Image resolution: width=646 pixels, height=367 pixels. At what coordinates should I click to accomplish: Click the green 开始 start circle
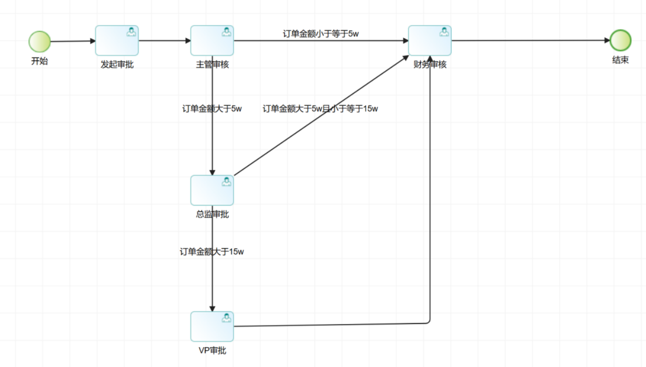pyautogui.click(x=39, y=41)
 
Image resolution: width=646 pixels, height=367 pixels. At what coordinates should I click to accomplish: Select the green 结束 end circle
pyautogui.click(x=620, y=40)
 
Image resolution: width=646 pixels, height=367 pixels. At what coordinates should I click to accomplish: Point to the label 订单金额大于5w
pyautogui.click(x=212, y=108)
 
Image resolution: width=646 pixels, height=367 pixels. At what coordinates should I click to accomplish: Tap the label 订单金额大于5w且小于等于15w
pyautogui.click(x=320, y=108)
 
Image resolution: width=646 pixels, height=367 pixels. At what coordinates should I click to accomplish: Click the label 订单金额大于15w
pyautogui.click(x=212, y=251)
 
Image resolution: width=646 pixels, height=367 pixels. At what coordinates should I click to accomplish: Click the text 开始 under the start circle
pyautogui.click(x=39, y=61)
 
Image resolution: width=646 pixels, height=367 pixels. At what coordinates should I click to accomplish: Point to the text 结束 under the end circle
pyautogui.click(x=620, y=60)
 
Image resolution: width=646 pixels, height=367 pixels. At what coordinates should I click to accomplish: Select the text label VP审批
pyautogui.click(x=212, y=350)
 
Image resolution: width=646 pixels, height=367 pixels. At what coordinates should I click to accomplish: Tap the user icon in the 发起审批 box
pyautogui.click(x=131, y=32)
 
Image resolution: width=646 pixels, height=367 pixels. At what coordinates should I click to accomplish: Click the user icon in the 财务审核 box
pyautogui.click(x=444, y=32)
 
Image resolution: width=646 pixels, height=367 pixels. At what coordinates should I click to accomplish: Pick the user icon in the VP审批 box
pyautogui.click(x=226, y=318)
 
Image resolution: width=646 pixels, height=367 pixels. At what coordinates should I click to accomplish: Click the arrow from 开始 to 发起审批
pyautogui.click(x=72, y=41)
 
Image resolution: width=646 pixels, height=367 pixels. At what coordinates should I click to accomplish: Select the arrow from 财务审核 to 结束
pyautogui.click(x=530, y=40)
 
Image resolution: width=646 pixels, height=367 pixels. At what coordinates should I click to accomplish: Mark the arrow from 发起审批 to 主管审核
pyautogui.click(x=164, y=40)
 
